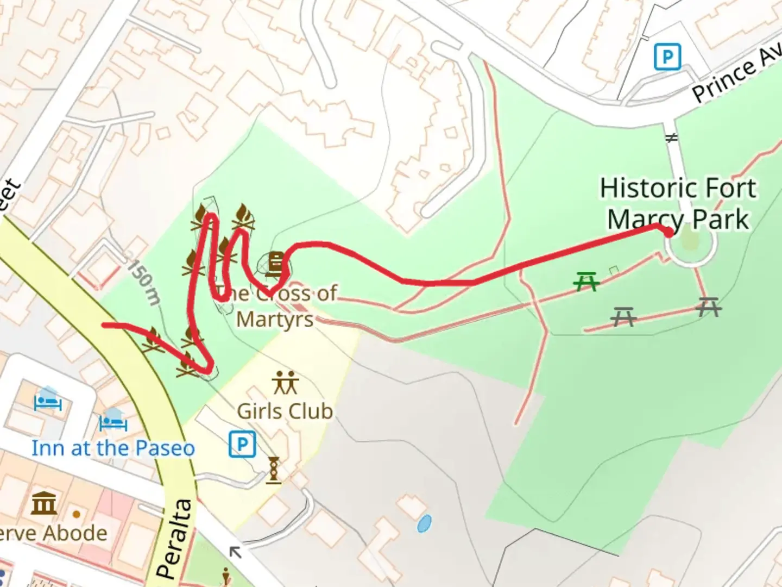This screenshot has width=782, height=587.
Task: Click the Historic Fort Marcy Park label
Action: click(678, 204)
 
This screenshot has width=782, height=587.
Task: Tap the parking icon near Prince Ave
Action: click(667, 57)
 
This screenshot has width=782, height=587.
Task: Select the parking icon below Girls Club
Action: click(242, 445)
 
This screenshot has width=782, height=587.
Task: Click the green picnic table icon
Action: click(585, 282)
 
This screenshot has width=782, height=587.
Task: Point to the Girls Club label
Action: click(285, 411)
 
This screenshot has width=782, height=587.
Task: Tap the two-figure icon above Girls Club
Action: click(285, 383)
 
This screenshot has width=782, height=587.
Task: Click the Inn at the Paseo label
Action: click(113, 448)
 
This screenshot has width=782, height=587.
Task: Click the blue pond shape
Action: click(424, 523)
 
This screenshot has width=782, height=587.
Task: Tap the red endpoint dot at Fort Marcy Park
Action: click(668, 232)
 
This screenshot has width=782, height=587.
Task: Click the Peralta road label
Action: click(175, 538)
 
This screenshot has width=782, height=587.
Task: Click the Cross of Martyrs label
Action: click(277, 306)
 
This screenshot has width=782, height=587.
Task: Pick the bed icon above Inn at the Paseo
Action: click(113, 420)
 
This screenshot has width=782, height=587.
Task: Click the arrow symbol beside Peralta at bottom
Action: click(235, 553)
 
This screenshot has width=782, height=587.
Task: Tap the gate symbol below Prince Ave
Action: click(672, 138)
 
